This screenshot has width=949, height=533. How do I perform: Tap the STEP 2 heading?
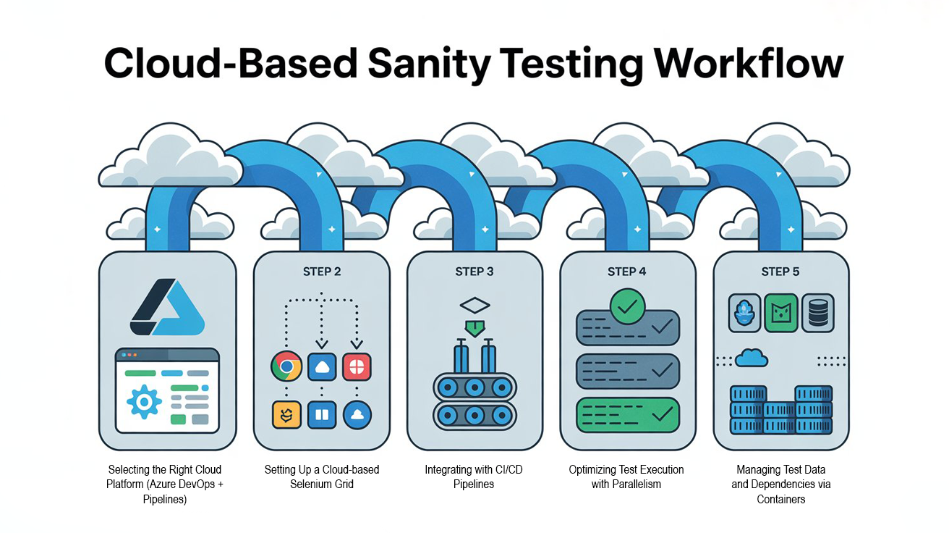pos(321,272)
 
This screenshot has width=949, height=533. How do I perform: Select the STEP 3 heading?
pos(474,272)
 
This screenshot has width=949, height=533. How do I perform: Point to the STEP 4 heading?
pos(627,272)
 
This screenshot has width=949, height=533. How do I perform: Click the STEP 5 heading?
pos(780,272)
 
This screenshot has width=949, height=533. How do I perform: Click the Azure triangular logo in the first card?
pos(167,308)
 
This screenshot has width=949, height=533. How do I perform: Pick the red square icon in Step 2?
pos(357,366)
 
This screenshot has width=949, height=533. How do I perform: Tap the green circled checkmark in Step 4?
pos(627,305)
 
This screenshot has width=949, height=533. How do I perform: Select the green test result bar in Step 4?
pos(627,415)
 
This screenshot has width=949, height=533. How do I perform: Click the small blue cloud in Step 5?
pos(752,357)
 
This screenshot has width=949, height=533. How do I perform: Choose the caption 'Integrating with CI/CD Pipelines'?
pos(474,477)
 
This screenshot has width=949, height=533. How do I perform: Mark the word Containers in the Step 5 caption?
pos(780,499)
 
